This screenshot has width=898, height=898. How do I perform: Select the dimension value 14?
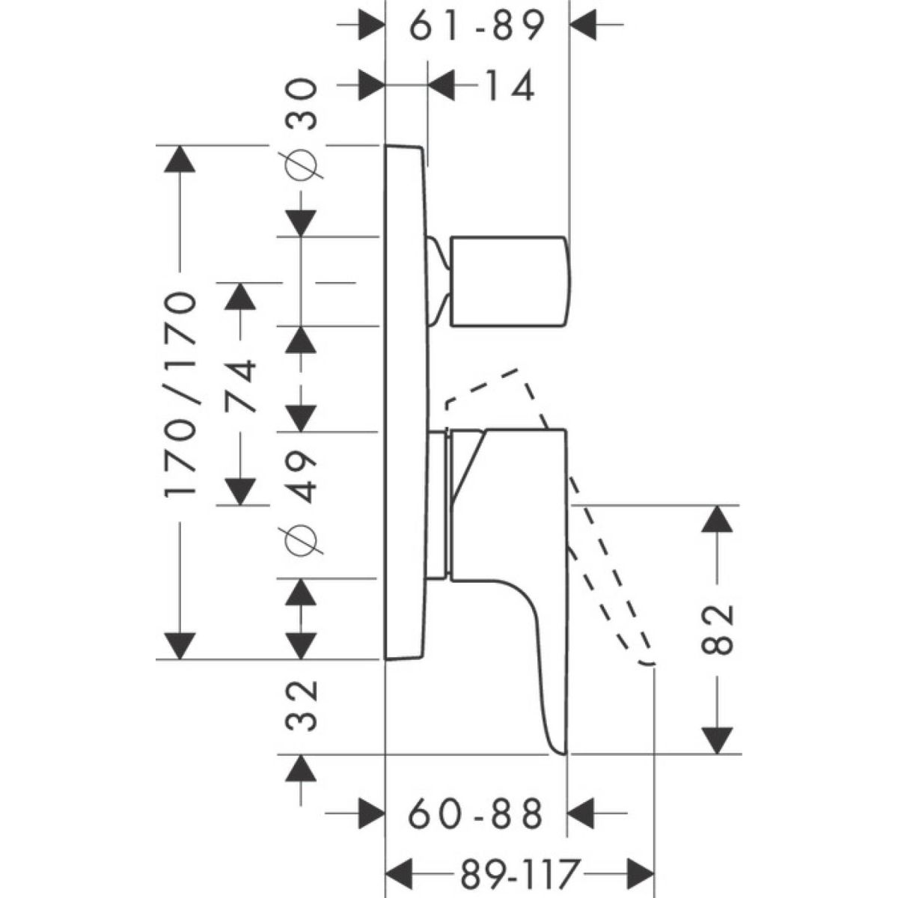click(x=507, y=86)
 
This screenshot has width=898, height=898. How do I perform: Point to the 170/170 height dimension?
click(x=181, y=394)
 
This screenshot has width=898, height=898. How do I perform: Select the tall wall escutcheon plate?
click(x=406, y=404)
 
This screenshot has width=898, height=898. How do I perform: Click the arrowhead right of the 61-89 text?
click(x=585, y=25)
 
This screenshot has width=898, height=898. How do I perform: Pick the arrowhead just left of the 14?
click(x=445, y=85)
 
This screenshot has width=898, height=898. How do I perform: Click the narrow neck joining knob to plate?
click(x=439, y=281)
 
